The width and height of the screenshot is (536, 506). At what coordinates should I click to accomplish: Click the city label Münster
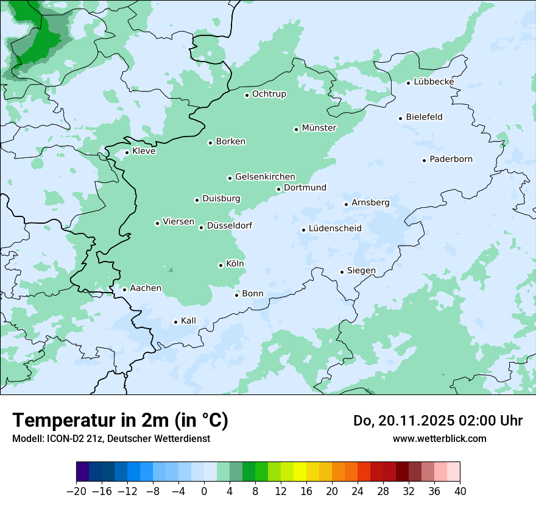(x=319, y=128)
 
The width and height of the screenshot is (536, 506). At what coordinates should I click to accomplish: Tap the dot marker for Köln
(x=220, y=265)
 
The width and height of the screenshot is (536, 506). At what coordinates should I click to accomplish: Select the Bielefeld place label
(x=424, y=117)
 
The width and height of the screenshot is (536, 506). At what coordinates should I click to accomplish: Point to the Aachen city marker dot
(x=124, y=290)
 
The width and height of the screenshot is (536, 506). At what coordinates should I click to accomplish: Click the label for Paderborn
(x=451, y=159)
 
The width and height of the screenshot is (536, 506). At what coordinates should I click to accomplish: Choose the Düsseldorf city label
(x=230, y=226)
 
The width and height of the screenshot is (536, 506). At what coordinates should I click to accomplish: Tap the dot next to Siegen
(x=342, y=272)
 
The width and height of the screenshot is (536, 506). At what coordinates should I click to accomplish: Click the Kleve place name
(x=144, y=151)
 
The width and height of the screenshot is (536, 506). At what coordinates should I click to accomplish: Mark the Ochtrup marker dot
(x=247, y=95)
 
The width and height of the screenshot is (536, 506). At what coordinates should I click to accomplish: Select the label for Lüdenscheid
(x=335, y=229)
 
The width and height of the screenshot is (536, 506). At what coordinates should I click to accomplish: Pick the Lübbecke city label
(x=434, y=82)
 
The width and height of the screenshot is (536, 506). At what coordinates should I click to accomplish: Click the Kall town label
(x=188, y=321)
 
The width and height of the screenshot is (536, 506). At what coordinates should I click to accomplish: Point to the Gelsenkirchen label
(x=265, y=177)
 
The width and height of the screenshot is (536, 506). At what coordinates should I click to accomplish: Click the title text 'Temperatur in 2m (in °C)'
(x=120, y=420)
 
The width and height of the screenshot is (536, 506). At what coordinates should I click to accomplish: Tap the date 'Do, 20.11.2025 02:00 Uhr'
(x=438, y=421)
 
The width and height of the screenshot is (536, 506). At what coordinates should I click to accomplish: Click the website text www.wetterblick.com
(x=439, y=438)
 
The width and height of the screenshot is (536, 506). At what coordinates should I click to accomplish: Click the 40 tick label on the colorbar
(x=460, y=491)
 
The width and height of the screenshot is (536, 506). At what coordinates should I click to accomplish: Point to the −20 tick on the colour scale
(x=76, y=491)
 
